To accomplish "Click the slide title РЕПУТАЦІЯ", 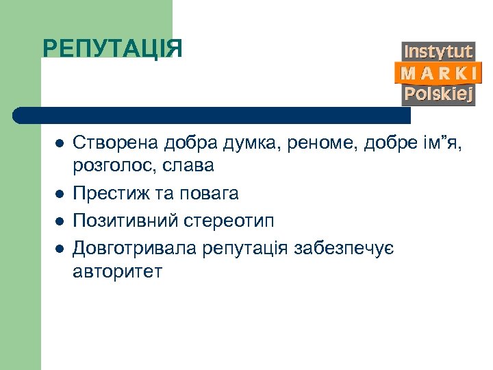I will pyautogui.click(x=112, y=49).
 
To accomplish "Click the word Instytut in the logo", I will pyautogui.click(x=438, y=51).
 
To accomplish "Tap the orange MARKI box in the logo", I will pyautogui.click(x=438, y=73).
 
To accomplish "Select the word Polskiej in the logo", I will pyautogui.click(x=438, y=94).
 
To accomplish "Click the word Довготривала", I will pyautogui.click(x=135, y=248).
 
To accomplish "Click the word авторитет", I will pyautogui.click(x=117, y=271).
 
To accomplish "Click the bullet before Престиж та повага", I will pyautogui.click(x=60, y=194).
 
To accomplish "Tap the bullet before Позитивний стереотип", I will pyautogui.click(x=60, y=221).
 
